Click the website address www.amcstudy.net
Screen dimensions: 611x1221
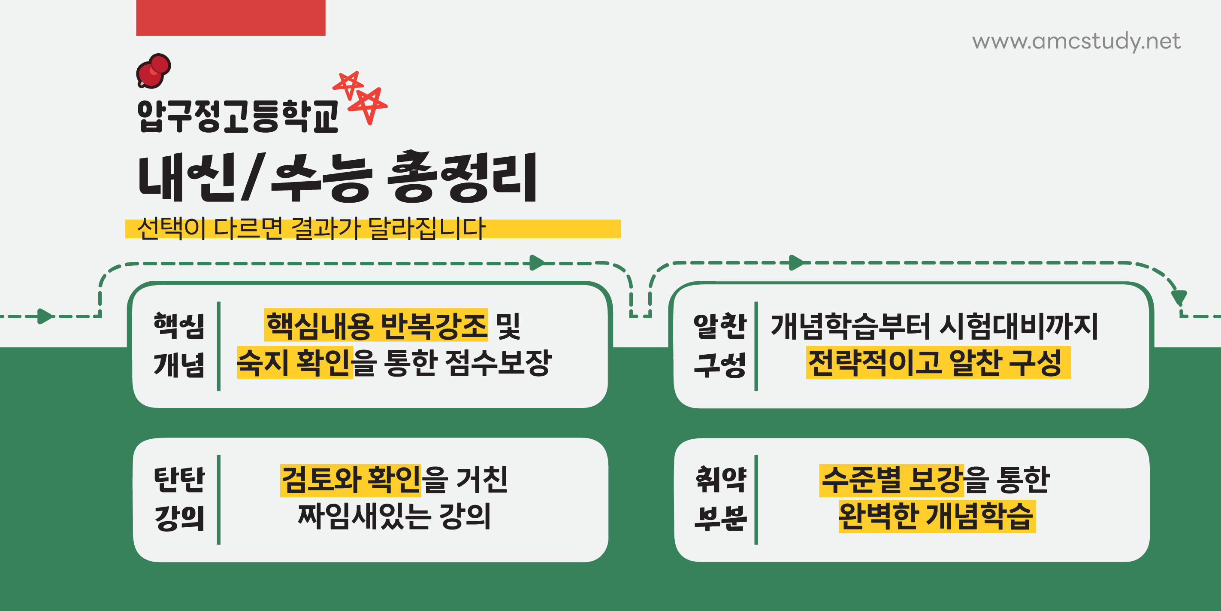point(1076,41)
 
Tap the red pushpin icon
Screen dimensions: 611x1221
point(153,71)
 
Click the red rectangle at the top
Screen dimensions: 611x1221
point(230,18)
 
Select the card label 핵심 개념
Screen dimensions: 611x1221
point(179,345)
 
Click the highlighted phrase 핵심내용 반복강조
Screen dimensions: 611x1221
point(376,325)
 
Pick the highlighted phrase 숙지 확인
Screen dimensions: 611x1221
point(295,363)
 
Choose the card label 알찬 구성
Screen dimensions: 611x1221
point(719,345)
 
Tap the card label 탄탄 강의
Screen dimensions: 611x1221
point(179,498)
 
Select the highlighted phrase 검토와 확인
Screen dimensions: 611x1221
point(350,480)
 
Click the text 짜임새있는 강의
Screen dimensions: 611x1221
point(394,516)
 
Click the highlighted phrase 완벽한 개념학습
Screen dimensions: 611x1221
point(937,516)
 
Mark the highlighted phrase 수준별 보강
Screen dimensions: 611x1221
point(891,480)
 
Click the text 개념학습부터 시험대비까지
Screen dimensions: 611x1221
point(934,326)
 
